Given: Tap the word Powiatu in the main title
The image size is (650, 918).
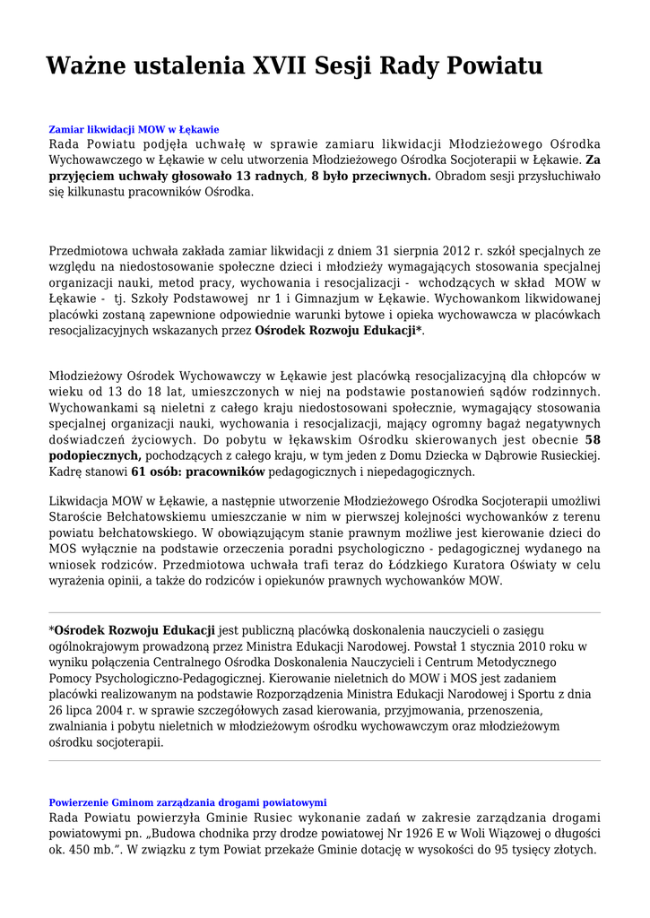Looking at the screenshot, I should pyautogui.click(x=490, y=65).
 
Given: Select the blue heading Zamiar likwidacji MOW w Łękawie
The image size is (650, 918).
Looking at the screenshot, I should pyautogui.click(x=134, y=129).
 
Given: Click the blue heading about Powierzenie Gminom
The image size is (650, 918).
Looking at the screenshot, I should pyautogui.click(x=187, y=802).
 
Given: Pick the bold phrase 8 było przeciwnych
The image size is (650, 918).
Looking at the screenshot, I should pyautogui.click(x=371, y=176).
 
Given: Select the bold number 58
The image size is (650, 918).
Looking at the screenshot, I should pyautogui.click(x=592, y=439).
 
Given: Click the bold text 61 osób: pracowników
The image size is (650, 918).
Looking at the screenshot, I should pyautogui.click(x=198, y=472).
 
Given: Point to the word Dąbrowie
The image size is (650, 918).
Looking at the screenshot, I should pyautogui.click(x=507, y=455).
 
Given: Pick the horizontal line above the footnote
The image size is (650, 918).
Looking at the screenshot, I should pyautogui.click(x=325, y=613).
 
